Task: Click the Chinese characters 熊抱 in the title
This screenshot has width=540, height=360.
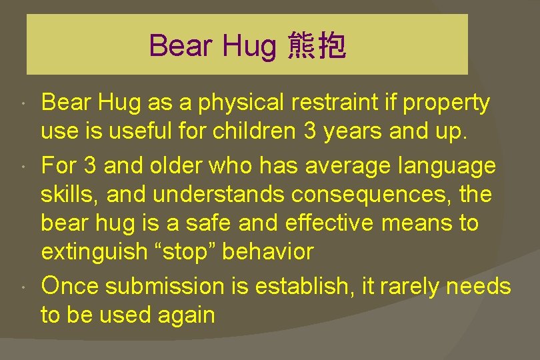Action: (317, 46)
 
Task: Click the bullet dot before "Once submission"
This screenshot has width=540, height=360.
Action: (23, 287)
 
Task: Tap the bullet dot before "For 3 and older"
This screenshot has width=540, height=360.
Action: (23, 165)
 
